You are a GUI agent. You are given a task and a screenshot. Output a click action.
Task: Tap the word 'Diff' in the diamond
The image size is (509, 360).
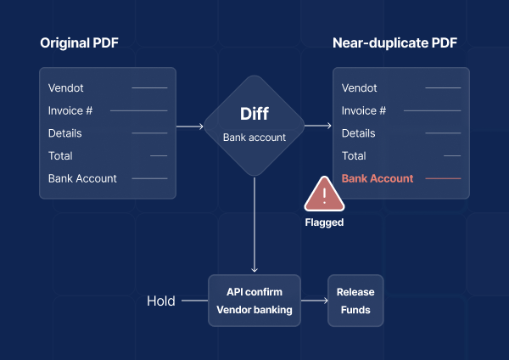(254, 115)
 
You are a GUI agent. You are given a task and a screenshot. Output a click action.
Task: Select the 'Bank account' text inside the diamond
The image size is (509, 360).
(254, 138)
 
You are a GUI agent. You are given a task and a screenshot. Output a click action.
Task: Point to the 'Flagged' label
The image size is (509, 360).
(324, 223)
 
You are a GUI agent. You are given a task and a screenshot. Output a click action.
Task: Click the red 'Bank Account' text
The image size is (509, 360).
(378, 178)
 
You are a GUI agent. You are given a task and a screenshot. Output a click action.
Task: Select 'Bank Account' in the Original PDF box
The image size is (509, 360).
(82, 178)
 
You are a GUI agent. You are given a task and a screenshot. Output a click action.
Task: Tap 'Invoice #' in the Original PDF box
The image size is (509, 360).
(71, 110)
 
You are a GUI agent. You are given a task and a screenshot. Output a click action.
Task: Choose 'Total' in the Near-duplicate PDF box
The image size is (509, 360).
(354, 156)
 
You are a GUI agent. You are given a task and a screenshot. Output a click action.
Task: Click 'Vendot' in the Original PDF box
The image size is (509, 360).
(66, 87)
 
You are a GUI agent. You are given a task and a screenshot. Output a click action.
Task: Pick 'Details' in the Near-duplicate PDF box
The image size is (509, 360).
(359, 133)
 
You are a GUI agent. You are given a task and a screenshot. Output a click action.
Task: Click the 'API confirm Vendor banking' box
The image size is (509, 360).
(255, 301)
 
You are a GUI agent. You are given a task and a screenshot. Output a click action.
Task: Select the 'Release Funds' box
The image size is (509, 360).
(355, 301)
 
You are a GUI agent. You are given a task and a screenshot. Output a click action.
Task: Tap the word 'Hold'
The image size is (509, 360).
(161, 301)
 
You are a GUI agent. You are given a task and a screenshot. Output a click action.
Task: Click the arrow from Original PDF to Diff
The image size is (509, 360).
(191, 127)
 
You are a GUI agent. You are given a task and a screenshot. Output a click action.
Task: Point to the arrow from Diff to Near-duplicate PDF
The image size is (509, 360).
(318, 127)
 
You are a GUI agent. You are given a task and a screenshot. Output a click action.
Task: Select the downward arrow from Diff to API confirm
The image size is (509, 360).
(255, 225)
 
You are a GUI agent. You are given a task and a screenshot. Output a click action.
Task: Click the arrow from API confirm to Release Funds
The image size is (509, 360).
(314, 301)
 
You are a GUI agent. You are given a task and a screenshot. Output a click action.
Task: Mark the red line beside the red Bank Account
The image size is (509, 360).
(442, 178)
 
